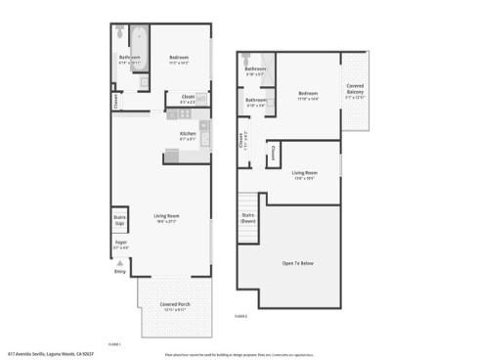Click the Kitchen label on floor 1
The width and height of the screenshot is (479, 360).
point(188,133)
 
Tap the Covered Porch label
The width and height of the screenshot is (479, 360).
point(174,304)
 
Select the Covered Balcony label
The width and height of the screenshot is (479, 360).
point(356,90)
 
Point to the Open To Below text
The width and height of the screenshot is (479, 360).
point(302,263)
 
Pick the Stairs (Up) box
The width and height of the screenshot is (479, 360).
point(120,221)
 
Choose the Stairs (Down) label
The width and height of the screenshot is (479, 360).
point(248,218)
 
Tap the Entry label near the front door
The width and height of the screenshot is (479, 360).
point(119,272)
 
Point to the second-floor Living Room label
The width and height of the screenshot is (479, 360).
point(305,173)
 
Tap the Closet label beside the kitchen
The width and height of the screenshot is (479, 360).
point(188,96)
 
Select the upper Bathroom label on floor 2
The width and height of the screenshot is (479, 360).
point(256,68)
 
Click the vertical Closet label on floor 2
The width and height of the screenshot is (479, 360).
point(239,141)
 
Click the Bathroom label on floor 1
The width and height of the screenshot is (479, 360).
point(130,58)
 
